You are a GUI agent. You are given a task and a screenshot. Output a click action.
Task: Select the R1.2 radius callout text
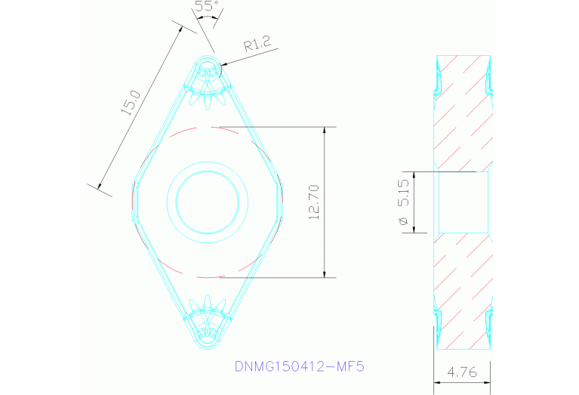(x=257, y=45)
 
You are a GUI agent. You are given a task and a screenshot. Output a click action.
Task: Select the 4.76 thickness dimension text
(x=462, y=372)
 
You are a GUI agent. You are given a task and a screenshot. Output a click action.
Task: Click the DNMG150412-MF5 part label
(x=299, y=367)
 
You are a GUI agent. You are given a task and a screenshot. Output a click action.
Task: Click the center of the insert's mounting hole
(x=208, y=202)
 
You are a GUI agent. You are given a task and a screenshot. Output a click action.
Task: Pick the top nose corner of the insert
(x=208, y=58)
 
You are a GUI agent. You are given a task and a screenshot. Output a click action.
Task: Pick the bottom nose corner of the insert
(x=208, y=345)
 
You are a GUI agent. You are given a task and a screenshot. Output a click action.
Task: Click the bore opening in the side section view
(x=461, y=202)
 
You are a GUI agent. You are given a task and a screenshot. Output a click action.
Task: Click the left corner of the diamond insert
(x=134, y=202)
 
